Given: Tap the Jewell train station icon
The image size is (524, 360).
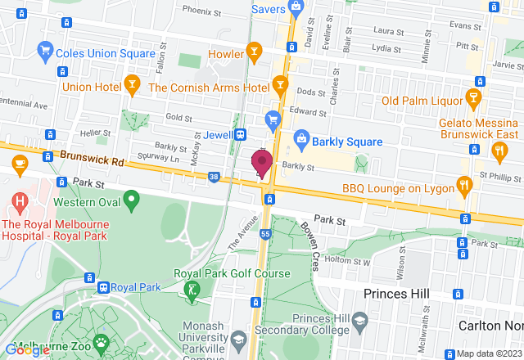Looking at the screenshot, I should pyautogui.click(x=241, y=134).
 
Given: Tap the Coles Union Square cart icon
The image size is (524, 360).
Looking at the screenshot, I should pyautogui.click(x=46, y=54).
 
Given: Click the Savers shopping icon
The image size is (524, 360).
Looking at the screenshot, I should pyautogui.click(x=296, y=7).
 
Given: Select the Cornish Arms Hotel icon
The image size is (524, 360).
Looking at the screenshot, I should pyautogui.click(x=280, y=84).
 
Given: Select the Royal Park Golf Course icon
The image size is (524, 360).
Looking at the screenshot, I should pyautogui.click(x=192, y=288).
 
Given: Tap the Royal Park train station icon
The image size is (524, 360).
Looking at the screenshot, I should pyautogui.click(x=104, y=287).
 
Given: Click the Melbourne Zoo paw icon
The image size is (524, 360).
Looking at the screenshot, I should pyautogui.click(x=101, y=341).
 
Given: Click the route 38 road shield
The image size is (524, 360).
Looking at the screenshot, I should pyautogui.click(x=214, y=176).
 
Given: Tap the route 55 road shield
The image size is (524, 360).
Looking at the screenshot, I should pyautogui.click(x=266, y=233).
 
